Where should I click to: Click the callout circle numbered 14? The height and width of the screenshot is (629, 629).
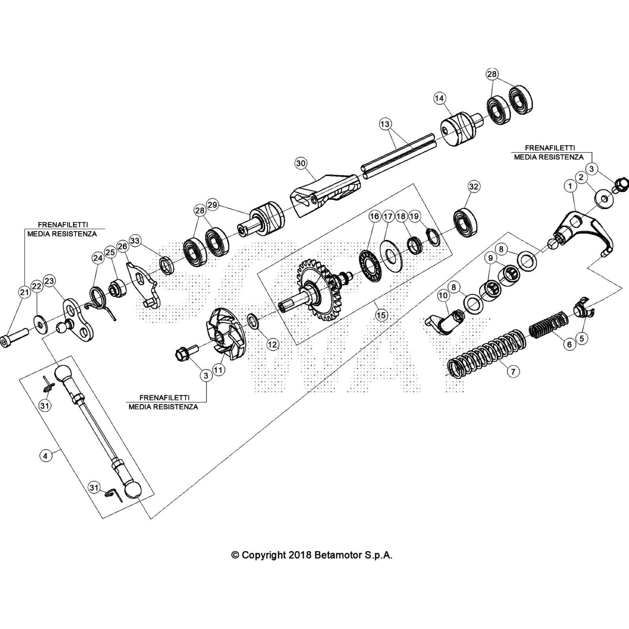[x=439, y=98]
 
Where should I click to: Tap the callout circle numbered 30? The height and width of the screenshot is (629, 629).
[x=301, y=164]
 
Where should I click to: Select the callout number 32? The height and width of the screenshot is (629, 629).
[x=474, y=186]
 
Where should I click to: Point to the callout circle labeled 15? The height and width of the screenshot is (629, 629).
[x=381, y=314]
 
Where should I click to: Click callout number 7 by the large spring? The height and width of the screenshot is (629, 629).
[x=513, y=371]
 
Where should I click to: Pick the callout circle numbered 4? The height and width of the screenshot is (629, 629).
[x=46, y=456]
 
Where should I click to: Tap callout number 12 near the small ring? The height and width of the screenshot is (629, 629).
[x=272, y=344]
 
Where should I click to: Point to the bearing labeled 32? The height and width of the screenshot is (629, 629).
[x=465, y=224]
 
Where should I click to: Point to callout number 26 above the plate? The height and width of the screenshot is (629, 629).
[x=123, y=246]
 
